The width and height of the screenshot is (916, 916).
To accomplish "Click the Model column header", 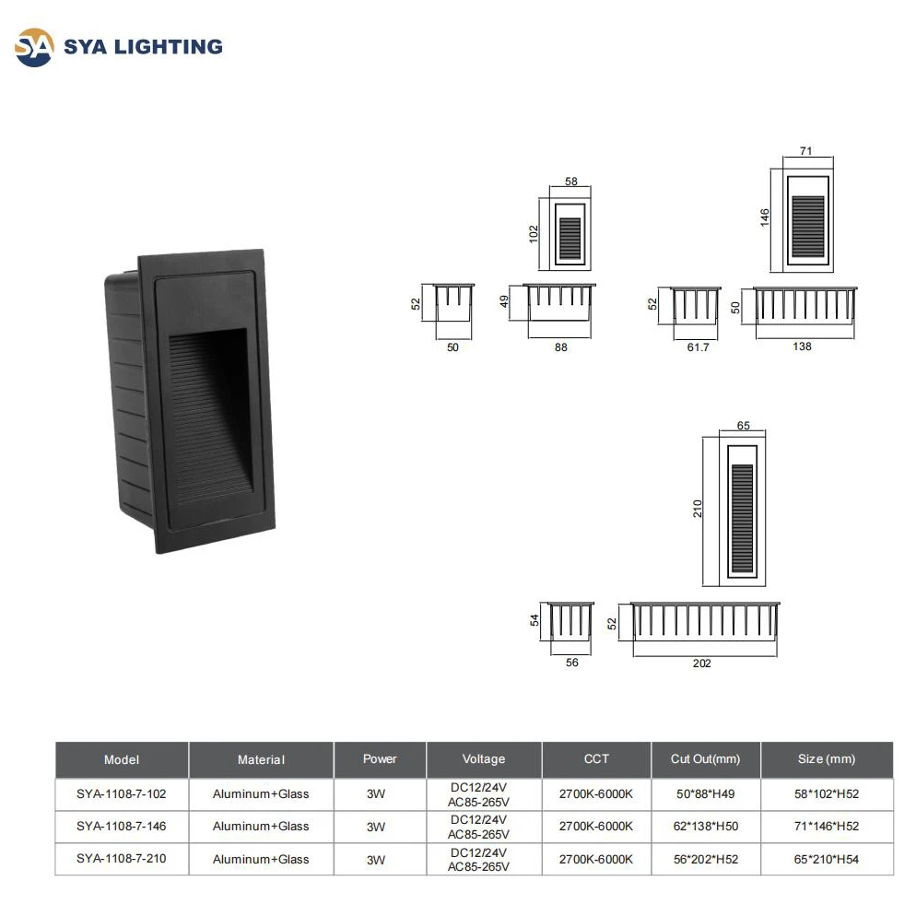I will click(122, 759).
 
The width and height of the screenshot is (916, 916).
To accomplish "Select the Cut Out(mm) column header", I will click(705, 759).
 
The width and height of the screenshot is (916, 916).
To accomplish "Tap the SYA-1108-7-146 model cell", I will click(122, 826).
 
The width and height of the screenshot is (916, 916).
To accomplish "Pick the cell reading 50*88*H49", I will click(705, 793).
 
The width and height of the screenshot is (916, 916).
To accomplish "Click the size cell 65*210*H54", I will click(827, 859).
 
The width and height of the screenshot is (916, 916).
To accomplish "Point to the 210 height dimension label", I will click(698, 508).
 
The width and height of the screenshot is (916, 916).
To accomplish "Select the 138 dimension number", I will click(802, 347).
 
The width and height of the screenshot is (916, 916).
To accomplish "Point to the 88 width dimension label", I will click(560, 347).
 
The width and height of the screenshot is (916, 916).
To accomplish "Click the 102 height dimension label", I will click(534, 235).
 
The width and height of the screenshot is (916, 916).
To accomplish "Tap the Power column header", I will click(380, 759).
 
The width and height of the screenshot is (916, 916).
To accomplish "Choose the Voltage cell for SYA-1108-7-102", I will click(484, 793).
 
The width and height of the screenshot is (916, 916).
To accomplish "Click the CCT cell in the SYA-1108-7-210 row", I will click(596, 859).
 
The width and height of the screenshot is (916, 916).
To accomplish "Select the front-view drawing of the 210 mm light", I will click(742, 509).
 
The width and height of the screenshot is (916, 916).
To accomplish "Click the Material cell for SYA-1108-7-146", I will click(261, 826).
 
